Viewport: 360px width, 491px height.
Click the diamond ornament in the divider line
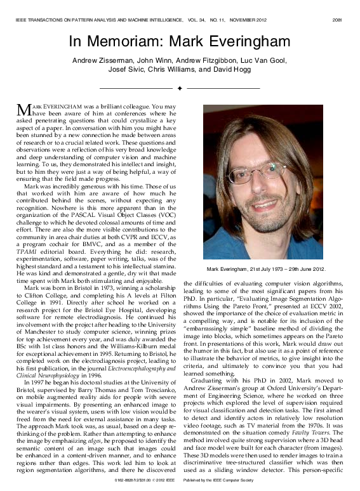click(180, 87)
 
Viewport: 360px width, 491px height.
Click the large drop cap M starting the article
click(23, 108)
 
